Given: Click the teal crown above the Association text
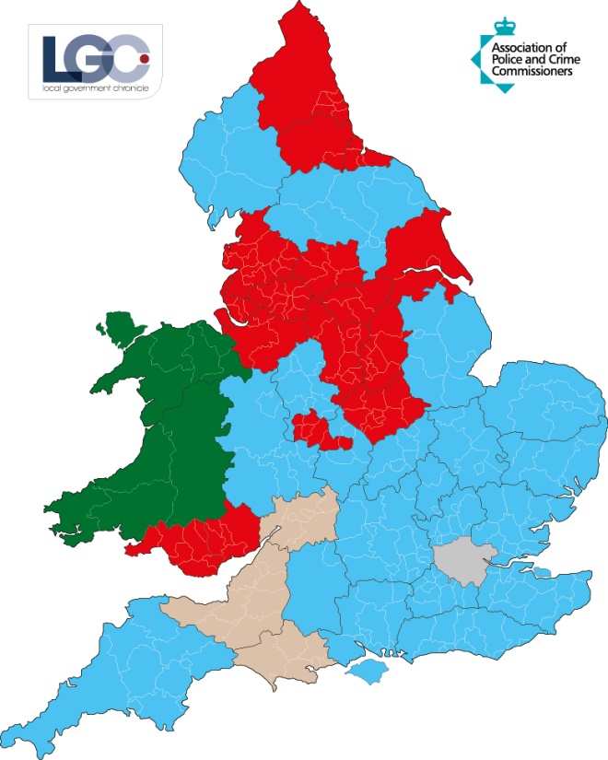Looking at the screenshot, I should [503, 24].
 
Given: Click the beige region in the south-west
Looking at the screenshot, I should [276, 599].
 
